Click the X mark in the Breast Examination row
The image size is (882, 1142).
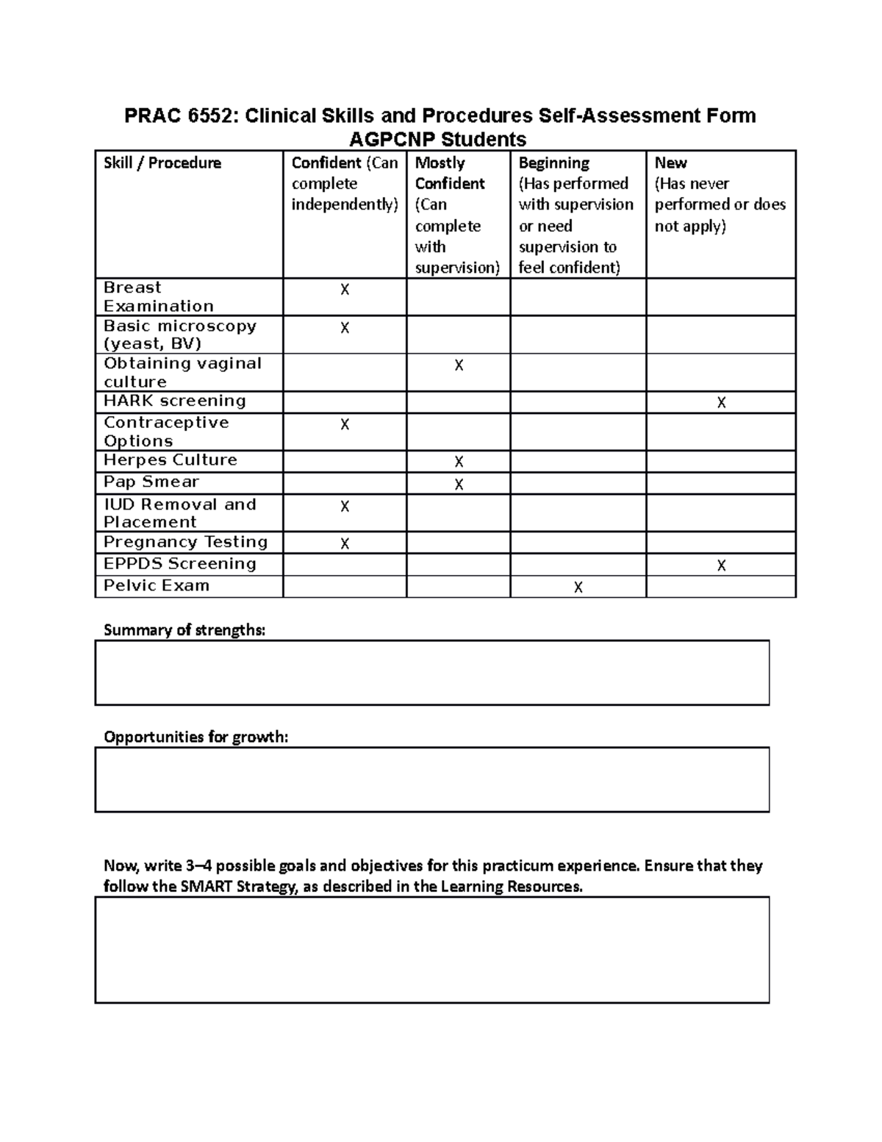click(345, 290)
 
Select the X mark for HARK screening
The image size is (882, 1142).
click(721, 403)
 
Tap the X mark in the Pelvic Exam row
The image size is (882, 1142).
click(578, 587)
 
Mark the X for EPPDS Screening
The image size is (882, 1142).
click(721, 565)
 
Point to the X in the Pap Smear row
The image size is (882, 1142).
click(459, 484)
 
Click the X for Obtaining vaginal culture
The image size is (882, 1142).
click(459, 365)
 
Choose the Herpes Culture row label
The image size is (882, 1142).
click(171, 460)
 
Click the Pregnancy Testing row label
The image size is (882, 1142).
click(185, 542)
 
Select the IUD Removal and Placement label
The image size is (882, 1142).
click(179, 513)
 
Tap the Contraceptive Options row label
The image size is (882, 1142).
click(166, 432)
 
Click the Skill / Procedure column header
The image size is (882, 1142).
click(162, 163)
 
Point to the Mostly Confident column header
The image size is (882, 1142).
click(450, 173)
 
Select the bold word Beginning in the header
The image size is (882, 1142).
click(553, 163)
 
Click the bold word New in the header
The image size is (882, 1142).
click(670, 163)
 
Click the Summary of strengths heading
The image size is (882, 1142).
click(184, 630)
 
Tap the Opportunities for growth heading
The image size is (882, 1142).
click(196, 737)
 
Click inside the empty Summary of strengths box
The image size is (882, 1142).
click(432, 673)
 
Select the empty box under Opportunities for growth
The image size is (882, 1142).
click(432, 779)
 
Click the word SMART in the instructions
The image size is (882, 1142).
click(204, 886)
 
